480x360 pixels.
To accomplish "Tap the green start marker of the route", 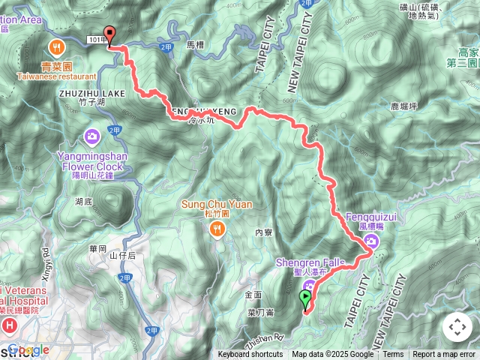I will click(x=305, y=299).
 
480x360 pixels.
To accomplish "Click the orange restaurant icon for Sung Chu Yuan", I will click(x=217, y=229).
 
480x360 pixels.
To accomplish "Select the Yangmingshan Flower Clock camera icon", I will click(x=92, y=136).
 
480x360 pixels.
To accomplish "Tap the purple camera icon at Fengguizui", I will click(x=371, y=241).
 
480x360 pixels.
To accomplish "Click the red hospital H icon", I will click(x=9, y=325).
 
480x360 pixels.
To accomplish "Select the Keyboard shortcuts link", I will click(x=250, y=355).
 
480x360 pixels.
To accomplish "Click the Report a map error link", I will click(x=444, y=355).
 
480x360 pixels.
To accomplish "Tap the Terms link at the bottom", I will click(x=393, y=355).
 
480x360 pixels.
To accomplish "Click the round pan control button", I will click(x=457, y=327).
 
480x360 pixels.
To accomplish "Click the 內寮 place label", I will click(x=263, y=233).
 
